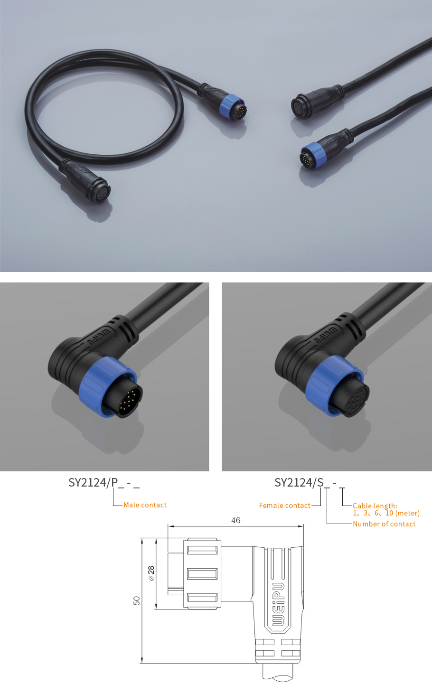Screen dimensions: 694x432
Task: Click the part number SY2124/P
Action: pyautogui.click(x=93, y=483)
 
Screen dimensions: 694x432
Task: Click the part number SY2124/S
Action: pyautogui.click(x=299, y=483)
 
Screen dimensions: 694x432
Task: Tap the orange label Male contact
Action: pyautogui.click(x=145, y=505)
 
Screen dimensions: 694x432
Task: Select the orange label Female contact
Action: pyautogui.click(x=284, y=506)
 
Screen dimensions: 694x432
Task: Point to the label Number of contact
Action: pyautogui.click(x=384, y=524)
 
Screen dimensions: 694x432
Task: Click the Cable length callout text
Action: pyautogui.click(x=375, y=506)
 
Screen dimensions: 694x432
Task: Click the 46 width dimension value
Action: pyautogui.click(x=236, y=521)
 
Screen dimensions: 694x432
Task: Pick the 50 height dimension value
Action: pyautogui.click(x=137, y=600)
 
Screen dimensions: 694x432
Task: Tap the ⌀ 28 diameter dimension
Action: pyautogui.click(x=151, y=573)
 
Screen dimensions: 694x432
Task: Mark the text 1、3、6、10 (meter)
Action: pyautogui.click(x=386, y=513)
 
